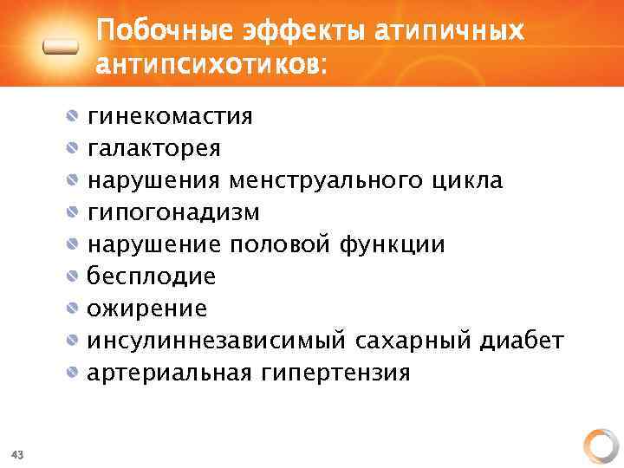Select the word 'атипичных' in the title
(x=450, y=32)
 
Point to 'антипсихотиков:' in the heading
(x=211, y=65)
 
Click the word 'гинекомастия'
(x=170, y=116)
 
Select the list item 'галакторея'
(x=153, y=148)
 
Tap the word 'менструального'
(x=326, y=181)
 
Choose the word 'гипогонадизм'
(x=173, y=212)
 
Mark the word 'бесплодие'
(x=151, y=276)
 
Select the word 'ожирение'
(x=146, y=309)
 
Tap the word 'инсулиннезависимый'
(x=217, y=341)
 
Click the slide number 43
(x=17, y=453)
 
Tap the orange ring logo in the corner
(x=599, y=445)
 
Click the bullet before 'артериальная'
(x=75, y=373)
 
